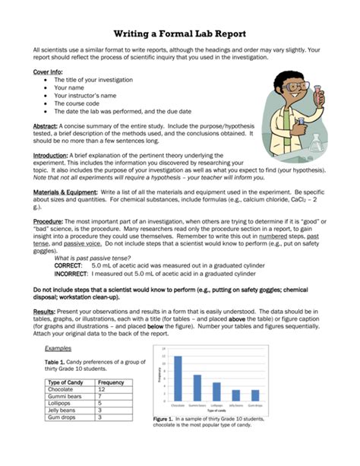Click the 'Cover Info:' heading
coord(47,70)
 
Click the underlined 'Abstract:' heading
coord(48,125)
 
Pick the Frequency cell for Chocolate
coord(111,389)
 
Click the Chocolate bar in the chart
coord(178,378)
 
